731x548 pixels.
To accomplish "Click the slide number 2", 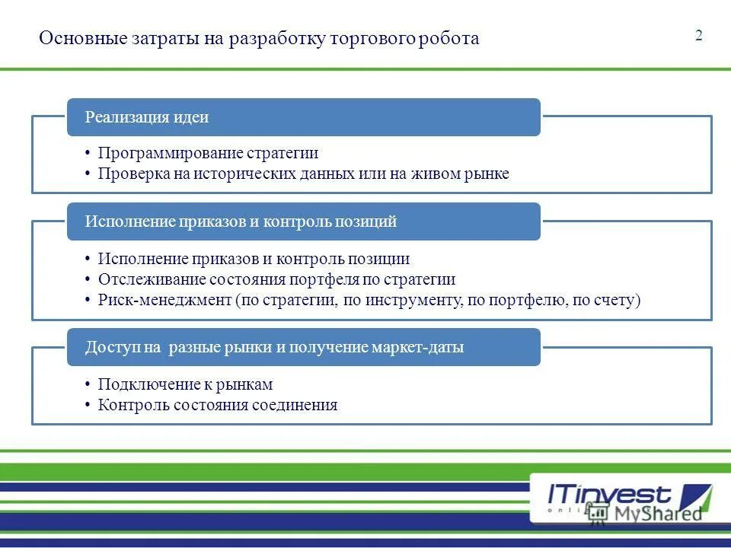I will [x=698, y=36].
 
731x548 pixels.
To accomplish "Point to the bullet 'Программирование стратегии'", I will [x=208, y=153].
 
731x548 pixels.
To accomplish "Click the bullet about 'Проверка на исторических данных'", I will [x=303, y=174].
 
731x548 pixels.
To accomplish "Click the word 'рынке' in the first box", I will [x=487, y=174].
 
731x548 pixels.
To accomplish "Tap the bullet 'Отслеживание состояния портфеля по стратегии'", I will [x=276, y=279].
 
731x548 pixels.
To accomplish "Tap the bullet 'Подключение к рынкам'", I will [x=185, y=384].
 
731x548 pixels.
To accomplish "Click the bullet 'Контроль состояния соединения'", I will [x=217, y=405].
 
